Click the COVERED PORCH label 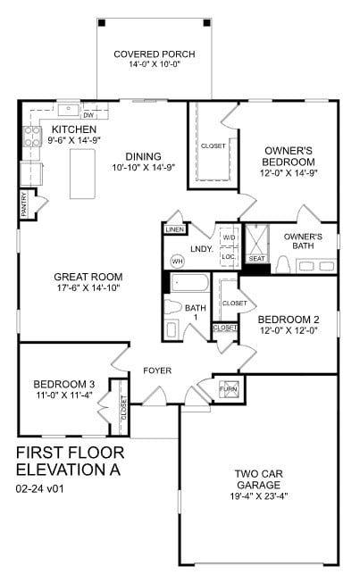[155, 54]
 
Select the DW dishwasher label [89, 115]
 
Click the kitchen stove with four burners [32, 137]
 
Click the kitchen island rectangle [83, 173]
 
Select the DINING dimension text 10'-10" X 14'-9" [143, 167]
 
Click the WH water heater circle [177, 261]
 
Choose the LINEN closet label [174, 229]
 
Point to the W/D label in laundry [229, 237]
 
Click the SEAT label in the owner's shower [257, 259]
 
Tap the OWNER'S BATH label [303, 241]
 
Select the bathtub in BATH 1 [188, 285]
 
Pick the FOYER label [157, 370]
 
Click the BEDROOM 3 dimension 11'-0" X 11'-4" [57, 395]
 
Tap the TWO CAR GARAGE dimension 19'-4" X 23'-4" [259, 496]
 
